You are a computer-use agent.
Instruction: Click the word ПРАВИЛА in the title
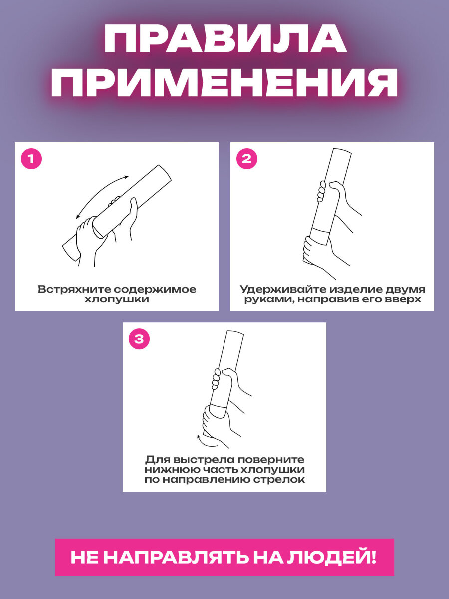click(225, 38)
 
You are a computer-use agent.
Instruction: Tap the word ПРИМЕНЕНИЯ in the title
click(224, 81)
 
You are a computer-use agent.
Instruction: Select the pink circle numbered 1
click(31, 159)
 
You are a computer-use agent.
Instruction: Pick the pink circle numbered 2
click(247, 159)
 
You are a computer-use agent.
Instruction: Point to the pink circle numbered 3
click(139, 339)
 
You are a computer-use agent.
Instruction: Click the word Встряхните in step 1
click(74, 289)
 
